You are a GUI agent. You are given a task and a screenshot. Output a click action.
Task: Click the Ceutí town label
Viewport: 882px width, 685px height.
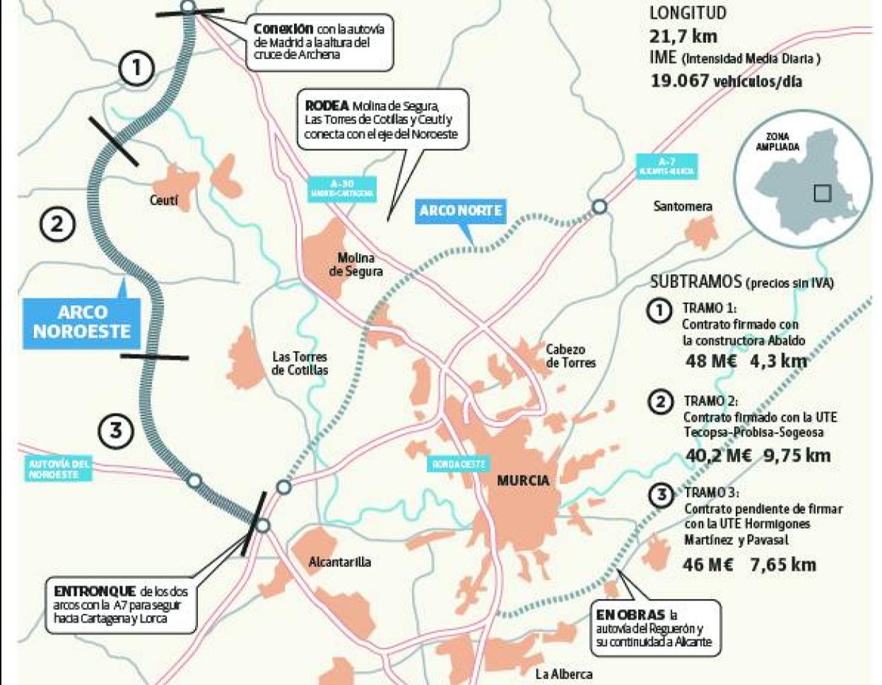pos(163,201)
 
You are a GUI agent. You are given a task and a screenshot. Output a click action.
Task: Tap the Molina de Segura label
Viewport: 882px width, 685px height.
pos(355,265)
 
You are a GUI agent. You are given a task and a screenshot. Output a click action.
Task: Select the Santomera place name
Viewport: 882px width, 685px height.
pos(682,206)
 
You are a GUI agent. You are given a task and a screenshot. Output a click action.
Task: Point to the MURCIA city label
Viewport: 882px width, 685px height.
pos(523,480)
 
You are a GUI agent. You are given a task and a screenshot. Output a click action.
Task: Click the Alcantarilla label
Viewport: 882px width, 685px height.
pos(339,562)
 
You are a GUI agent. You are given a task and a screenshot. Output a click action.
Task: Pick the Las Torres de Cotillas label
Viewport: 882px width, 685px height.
pos(300,363)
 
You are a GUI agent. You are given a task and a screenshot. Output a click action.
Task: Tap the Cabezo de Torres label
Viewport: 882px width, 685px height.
pos(570,356)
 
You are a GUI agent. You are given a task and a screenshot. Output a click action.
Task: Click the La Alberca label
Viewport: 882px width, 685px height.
pos(563,674)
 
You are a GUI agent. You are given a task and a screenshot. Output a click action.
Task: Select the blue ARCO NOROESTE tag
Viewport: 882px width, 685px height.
pos(82,322)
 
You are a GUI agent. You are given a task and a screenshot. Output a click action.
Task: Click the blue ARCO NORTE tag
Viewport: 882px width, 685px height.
pos(460,210)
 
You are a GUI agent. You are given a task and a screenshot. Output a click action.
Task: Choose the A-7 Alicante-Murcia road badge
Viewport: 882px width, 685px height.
pos(666,166)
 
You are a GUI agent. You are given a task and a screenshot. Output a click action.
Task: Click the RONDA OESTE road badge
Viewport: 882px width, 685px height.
pos(458,464)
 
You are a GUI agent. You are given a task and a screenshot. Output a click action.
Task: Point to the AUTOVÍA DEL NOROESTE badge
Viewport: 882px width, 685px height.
pos(59,469)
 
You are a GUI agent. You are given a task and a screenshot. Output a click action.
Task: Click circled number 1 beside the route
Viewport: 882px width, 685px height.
pos(136,68)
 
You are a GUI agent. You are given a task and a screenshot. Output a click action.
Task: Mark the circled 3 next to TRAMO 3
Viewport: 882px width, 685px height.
pos(661,495)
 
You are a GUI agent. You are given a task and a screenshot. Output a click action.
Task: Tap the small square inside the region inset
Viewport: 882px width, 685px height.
pos(822,193)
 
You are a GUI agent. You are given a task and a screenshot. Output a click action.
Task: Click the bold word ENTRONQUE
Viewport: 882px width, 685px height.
pos(95,591)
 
